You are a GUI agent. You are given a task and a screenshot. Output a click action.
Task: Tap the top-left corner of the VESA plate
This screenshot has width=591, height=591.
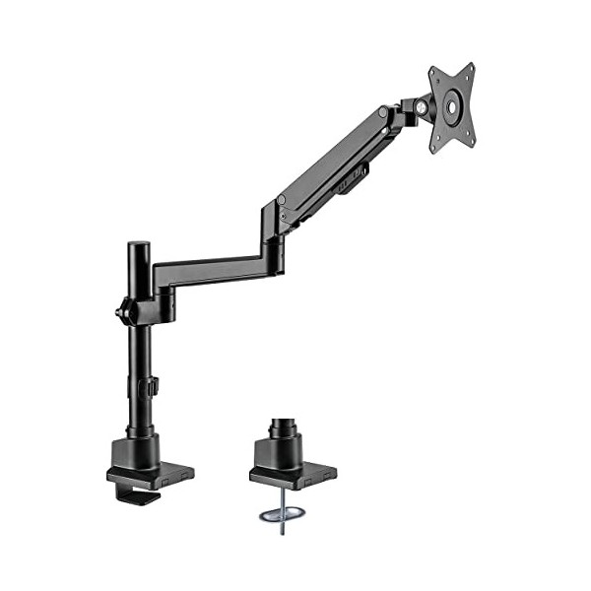tap(432, 72)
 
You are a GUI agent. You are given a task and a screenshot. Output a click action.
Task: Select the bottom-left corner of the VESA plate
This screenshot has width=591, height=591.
tap(433, 151)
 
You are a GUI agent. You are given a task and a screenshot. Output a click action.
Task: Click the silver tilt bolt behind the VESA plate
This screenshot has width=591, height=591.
tap(423, 103)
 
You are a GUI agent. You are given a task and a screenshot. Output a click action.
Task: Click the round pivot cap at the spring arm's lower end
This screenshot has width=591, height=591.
tap(282, 200)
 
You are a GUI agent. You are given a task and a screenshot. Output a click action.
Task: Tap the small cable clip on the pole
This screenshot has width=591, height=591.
tap(153, 385)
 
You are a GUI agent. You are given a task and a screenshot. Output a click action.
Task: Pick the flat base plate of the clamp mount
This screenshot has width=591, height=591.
tap(150, 476)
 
